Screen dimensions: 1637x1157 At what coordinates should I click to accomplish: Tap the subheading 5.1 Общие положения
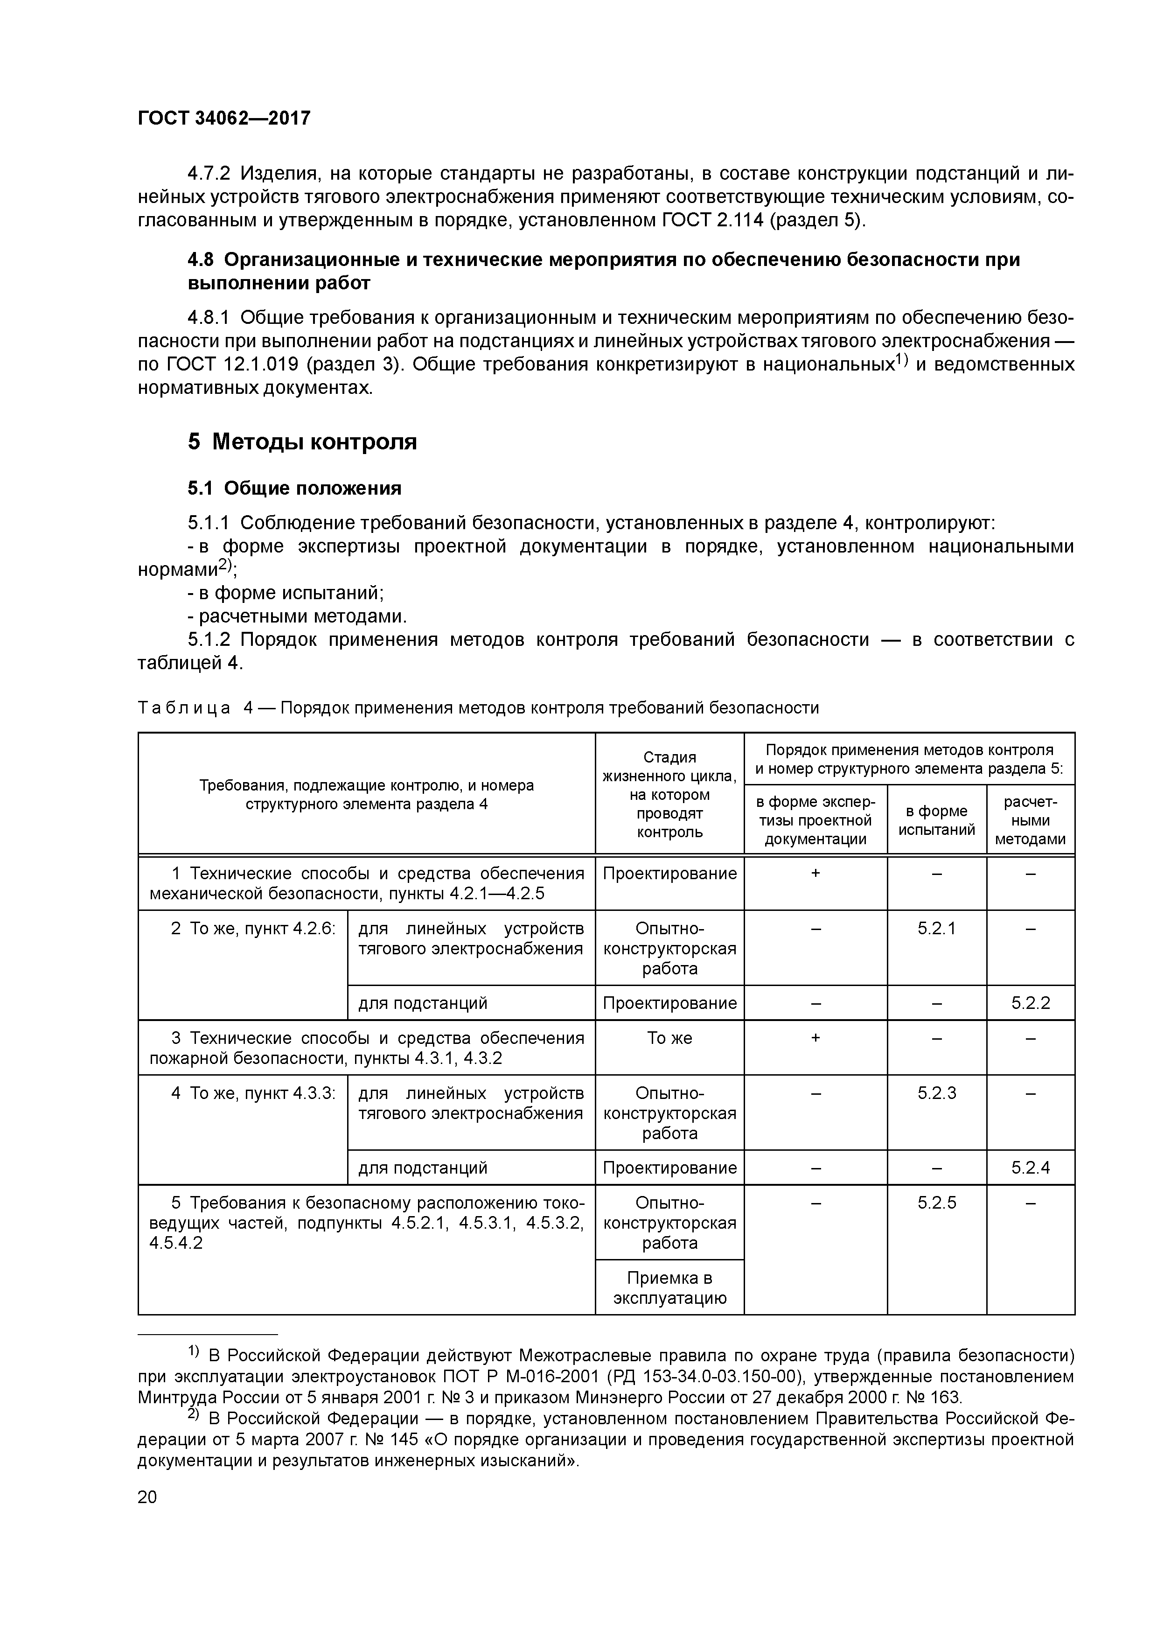294,489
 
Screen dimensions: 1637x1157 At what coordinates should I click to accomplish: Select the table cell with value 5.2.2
1030,1003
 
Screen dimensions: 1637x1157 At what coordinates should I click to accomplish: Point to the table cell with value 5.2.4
1030,1168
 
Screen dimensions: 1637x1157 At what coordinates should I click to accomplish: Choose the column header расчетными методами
1030,820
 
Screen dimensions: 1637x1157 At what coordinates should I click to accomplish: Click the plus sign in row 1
815,874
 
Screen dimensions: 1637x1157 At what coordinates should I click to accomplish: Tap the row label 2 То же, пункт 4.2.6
252,928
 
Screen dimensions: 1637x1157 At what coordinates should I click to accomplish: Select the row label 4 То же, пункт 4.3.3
252,1093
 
